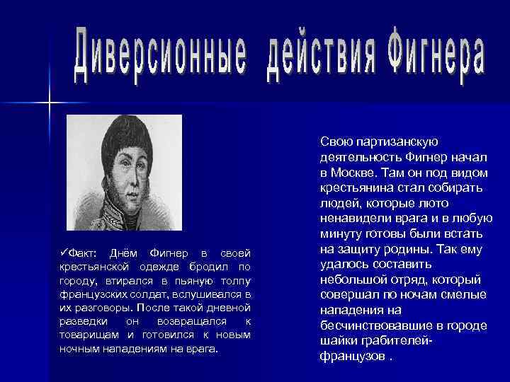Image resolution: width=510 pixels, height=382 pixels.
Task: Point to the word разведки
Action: point(84,322)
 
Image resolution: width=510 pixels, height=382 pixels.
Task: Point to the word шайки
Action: point(336,340)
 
